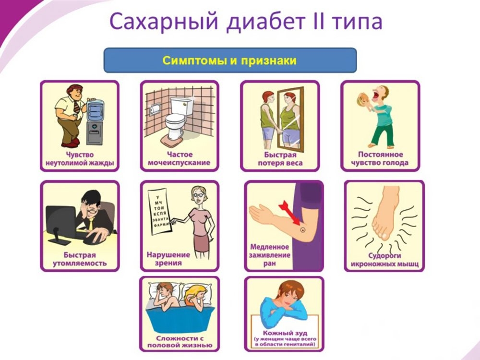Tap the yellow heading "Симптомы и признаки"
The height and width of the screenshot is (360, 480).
point(229,60)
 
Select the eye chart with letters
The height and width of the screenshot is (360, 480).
point(160,212)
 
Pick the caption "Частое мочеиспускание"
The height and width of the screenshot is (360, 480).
point(179,158)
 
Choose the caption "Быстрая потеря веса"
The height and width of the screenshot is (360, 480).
point(280,159)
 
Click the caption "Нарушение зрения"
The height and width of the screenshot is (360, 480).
point(168,259)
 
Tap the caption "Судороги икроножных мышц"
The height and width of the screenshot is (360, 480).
point(384,260)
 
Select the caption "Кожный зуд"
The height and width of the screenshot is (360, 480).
point(285,333)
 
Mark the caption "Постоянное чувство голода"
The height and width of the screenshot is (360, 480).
point(380,158)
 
